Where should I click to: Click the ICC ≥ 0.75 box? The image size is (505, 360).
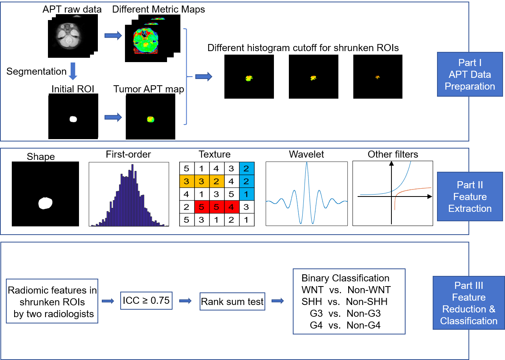click(x=146, y=301)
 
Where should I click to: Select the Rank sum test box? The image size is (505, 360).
click(x=232, y=301)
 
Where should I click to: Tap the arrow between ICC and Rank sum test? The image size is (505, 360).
click(x=185, y=301)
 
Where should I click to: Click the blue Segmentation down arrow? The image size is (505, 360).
click(x=73, y=71)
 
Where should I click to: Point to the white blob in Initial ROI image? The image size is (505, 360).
click(x=73, y=119)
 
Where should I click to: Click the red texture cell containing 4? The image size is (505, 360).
click(x=231, y=207)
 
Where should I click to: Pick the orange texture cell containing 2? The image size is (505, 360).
click(x=217, y=181)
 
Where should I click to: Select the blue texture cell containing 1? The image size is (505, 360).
click(x=246, y=194)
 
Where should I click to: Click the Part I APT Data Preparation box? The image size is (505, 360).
click(x=470, y=74)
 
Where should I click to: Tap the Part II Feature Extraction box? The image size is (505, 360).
click(x=470, y=197)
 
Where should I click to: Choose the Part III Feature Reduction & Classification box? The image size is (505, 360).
click(x=469, y=303)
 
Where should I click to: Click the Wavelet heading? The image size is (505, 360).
click(x=307, y=154)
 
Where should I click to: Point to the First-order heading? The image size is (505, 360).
click(x=128, y=154)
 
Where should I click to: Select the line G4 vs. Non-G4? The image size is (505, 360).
click(x=345, y=325)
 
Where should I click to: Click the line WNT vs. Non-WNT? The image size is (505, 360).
click(x=346, y=290)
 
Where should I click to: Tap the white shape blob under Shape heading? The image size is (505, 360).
click(x=45, y=203)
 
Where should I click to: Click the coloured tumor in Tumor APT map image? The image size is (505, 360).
click(x=151, y=119)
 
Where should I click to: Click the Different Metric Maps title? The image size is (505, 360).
click(x=158, y=9)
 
